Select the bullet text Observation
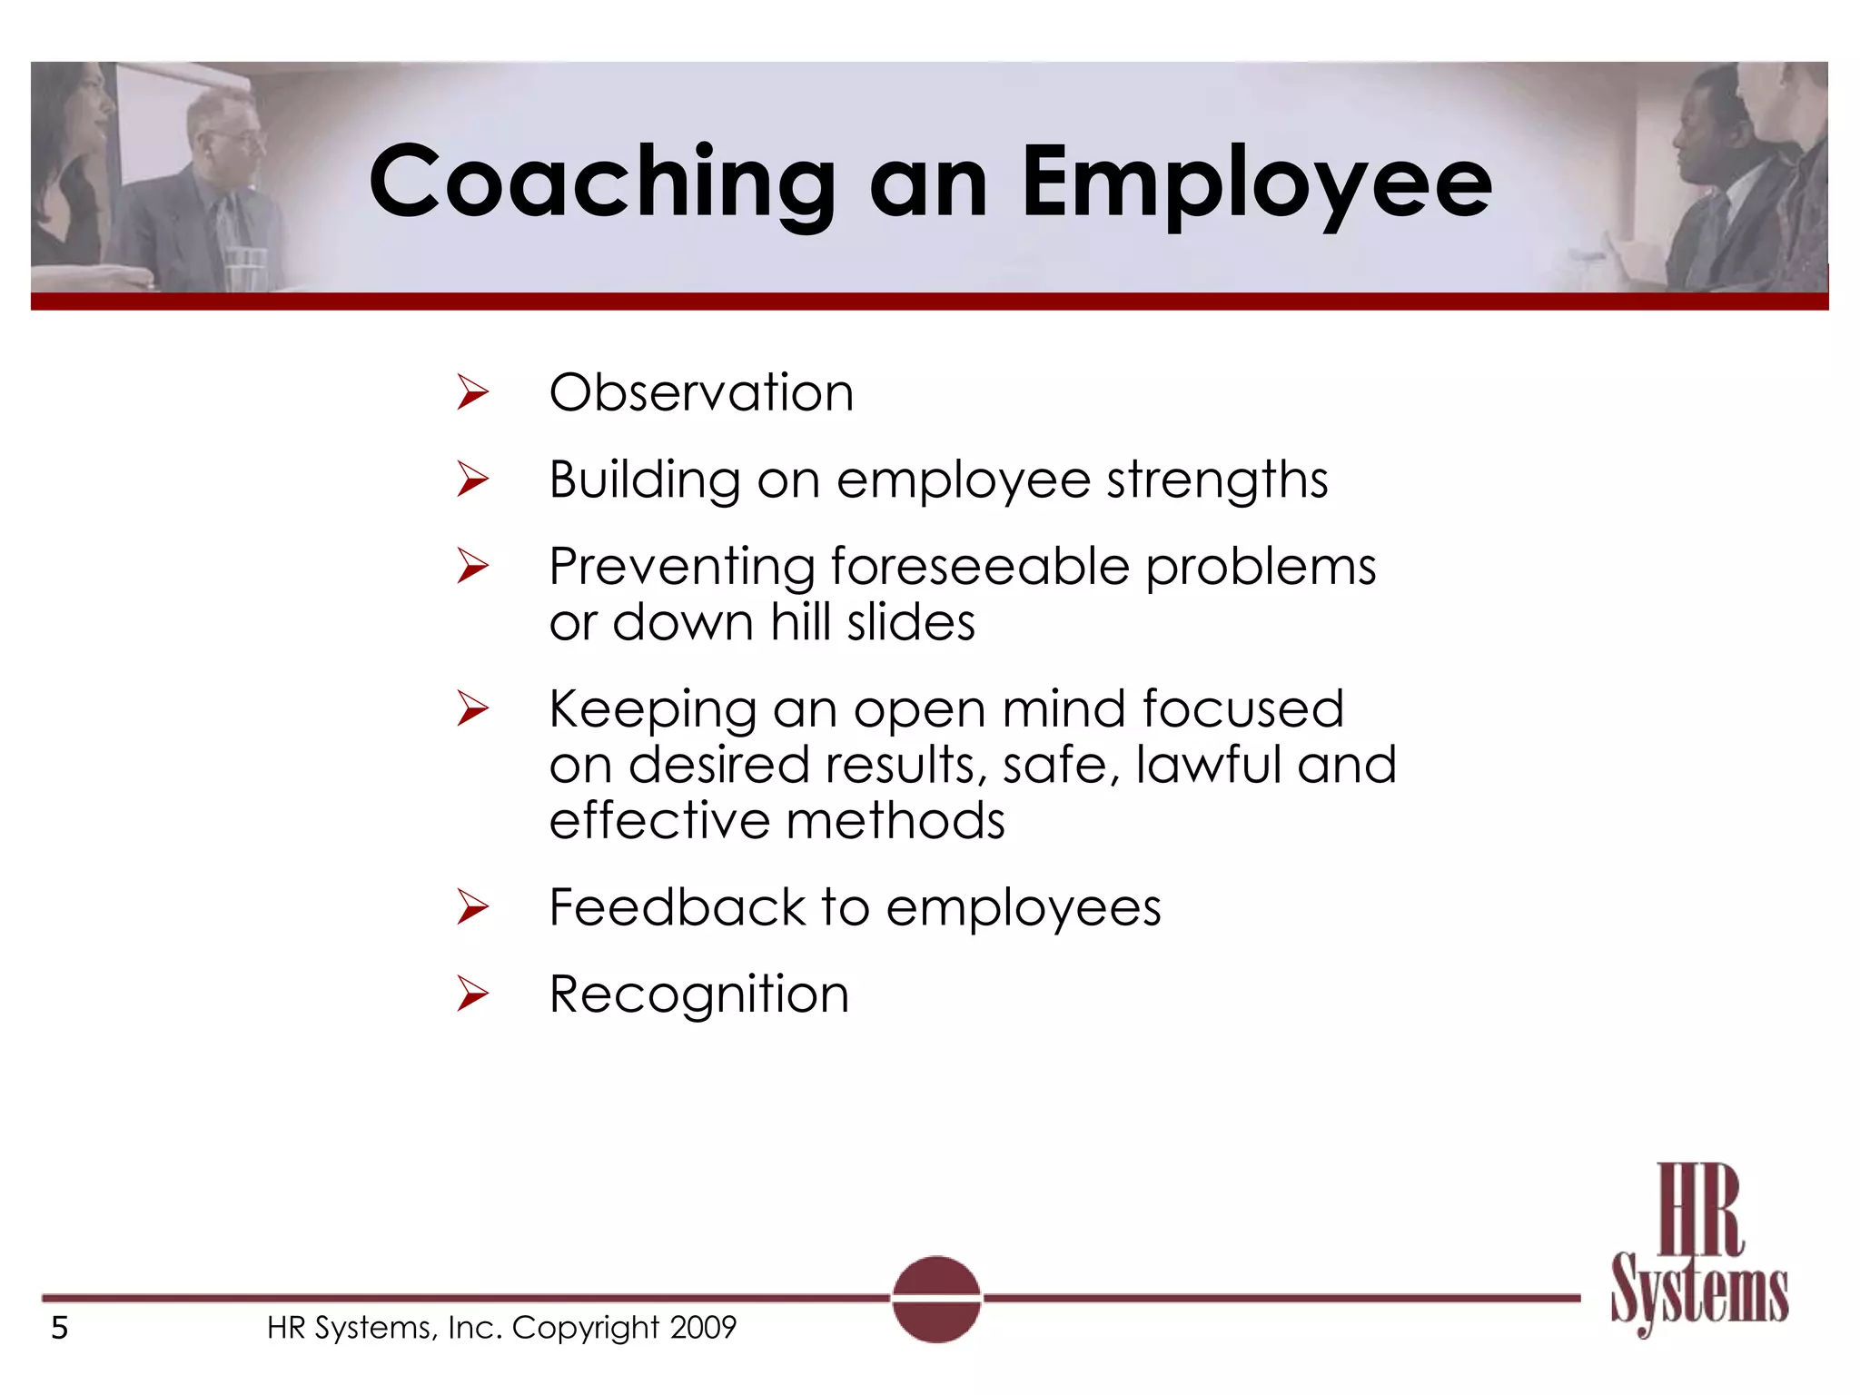(701, 392)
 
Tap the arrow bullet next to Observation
(472, 392)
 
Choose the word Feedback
(678, 906)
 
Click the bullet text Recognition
(699, 994)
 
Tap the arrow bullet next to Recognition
(472, 994)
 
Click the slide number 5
(60, 1328)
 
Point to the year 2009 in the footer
(703, 1328)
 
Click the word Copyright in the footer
(585, 1328)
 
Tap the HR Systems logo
(1698, 1249)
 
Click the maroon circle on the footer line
(936, 1299)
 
